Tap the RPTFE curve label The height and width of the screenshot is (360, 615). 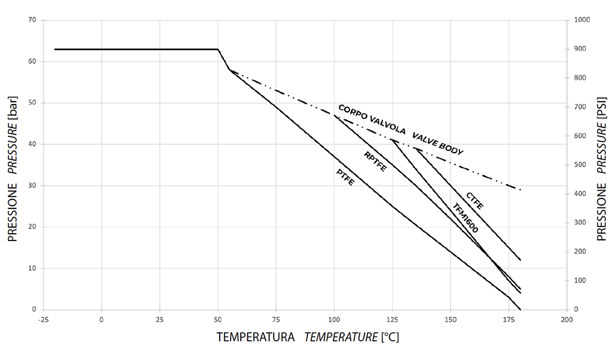(375, 162)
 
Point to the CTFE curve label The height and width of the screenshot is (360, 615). (474, 200)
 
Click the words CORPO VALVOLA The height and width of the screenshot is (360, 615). (371, 120)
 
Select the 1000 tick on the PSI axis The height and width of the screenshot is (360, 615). (583, 20)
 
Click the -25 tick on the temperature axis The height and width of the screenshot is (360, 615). (43, 320)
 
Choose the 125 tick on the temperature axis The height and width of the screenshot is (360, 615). (392, 320)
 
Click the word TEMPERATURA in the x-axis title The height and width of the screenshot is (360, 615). (256, 337)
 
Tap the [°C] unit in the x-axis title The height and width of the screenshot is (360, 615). (390, 337)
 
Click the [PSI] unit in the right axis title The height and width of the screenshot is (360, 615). (602, 108)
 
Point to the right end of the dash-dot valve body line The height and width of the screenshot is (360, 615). (521, 190)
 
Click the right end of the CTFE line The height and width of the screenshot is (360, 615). (521, 260)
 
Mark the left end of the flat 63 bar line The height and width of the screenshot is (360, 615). (55, 49)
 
